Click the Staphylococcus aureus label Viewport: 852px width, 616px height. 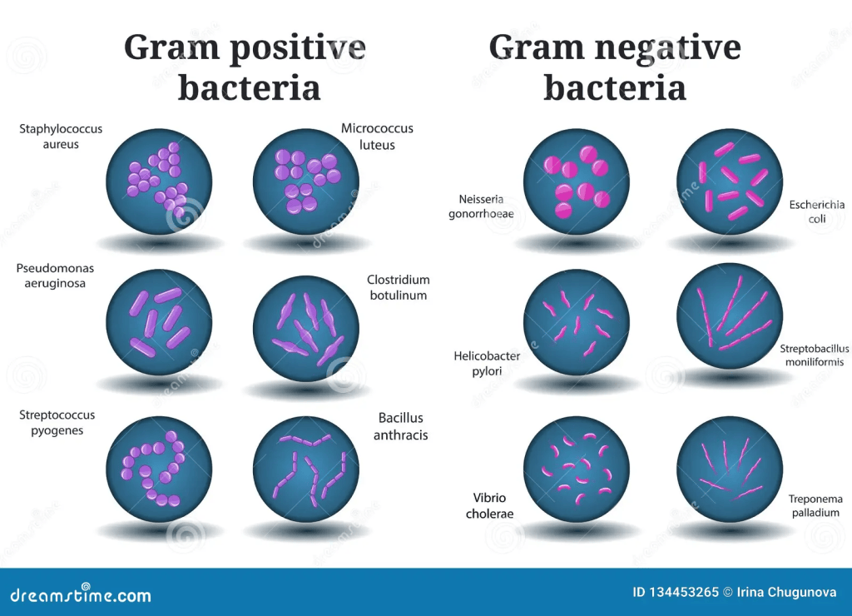click(61, 137)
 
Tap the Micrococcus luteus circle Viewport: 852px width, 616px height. click(306, 181)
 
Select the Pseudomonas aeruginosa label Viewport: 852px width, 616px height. click(55, 276)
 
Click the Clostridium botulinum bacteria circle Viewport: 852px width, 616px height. click(306, 328)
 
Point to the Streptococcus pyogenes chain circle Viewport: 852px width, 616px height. click(159, 469)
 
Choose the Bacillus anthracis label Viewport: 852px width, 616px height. click(400, 426)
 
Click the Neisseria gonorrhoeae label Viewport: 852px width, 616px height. click(481, 206)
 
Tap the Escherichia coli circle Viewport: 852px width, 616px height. click(730, 181)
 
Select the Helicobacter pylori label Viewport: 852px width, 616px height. click(487, 363)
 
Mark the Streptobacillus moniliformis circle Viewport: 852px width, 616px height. click(730, 316)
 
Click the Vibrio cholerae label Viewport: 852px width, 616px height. click(489, 505)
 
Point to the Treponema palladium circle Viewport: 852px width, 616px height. click(730, 469)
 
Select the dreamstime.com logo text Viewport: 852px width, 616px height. click(81, 594)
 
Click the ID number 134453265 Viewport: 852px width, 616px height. click(683, 592)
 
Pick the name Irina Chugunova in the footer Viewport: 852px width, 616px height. click(786, 592)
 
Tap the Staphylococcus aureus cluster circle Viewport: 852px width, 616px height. click(159, 181)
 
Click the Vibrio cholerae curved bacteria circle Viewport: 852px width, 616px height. click(577, 469)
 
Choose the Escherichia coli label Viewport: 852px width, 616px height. click(817, 211)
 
